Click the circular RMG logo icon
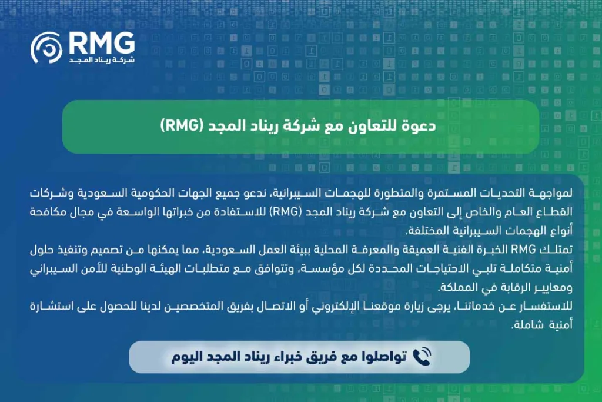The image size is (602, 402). (46, 48)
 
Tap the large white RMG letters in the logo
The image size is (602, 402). (101, 42)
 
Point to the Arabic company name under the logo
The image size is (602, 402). (101, 61)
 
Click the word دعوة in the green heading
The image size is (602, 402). (420, 127)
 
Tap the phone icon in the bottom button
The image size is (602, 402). (422, 356)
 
